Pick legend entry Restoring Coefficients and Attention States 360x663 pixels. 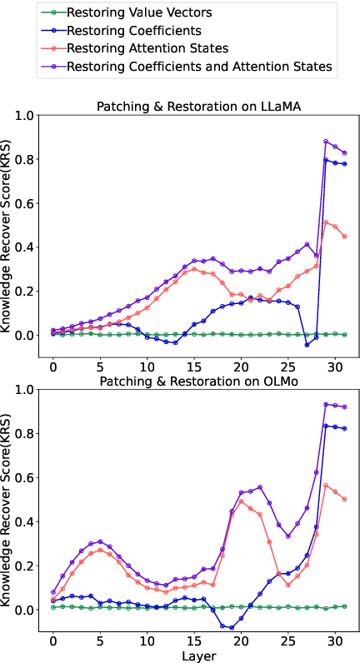point(199,65)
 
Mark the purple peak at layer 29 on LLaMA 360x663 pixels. point(326,141)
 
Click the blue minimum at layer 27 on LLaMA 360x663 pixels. point(307,344)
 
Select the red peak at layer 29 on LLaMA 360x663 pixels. point(326,222)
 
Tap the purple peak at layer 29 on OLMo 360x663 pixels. point(326,404)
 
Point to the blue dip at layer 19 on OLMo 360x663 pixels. point(232,626)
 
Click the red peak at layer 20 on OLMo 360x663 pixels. point(241,501)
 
